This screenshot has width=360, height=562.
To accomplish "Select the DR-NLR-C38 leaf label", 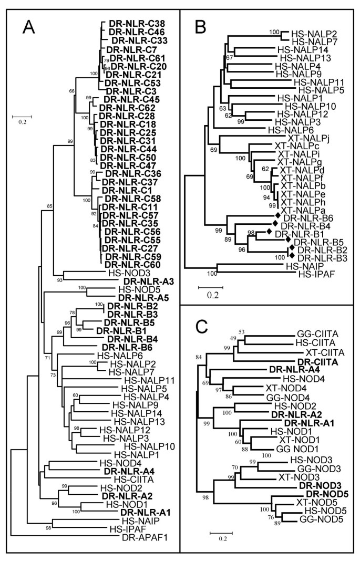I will pos(137,23).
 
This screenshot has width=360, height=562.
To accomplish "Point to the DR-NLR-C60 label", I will pos(133,265).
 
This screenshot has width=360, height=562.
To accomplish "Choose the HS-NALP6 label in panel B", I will pos(287,129).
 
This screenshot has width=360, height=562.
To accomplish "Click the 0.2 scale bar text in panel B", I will pos(212,296).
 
